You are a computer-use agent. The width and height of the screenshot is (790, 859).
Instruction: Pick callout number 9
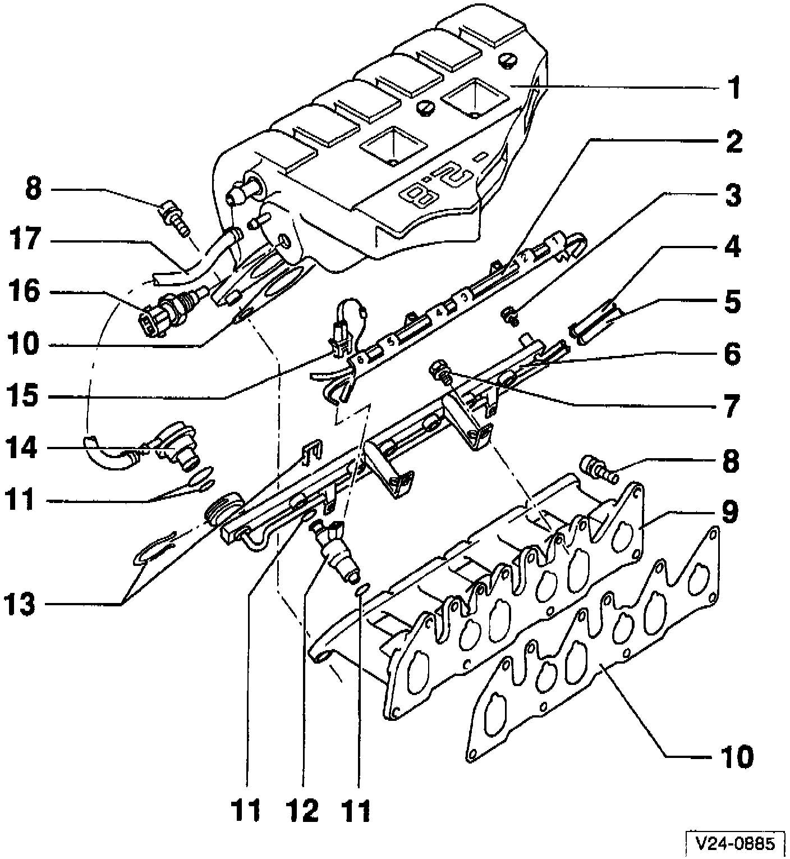(729, 511)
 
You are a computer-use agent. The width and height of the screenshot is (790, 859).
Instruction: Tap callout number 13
(21, 605)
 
